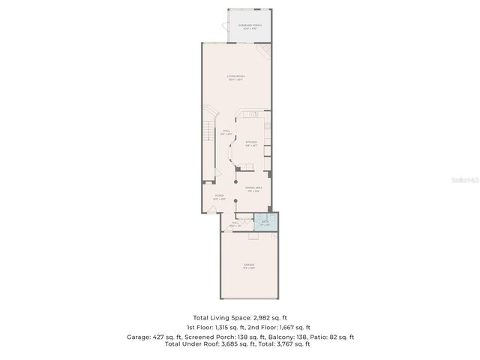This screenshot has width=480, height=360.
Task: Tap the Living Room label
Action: tap(236, 78)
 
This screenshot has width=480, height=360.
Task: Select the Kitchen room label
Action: tap(251, 143)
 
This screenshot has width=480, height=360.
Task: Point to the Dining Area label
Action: tap(253, 189)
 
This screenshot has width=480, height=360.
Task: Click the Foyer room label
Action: tap(220, 197)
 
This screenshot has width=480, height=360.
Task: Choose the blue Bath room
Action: tap(265, 222)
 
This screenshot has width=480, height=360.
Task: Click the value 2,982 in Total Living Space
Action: tap(262, 318)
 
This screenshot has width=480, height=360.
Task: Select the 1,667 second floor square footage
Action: tap(280, 328)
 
